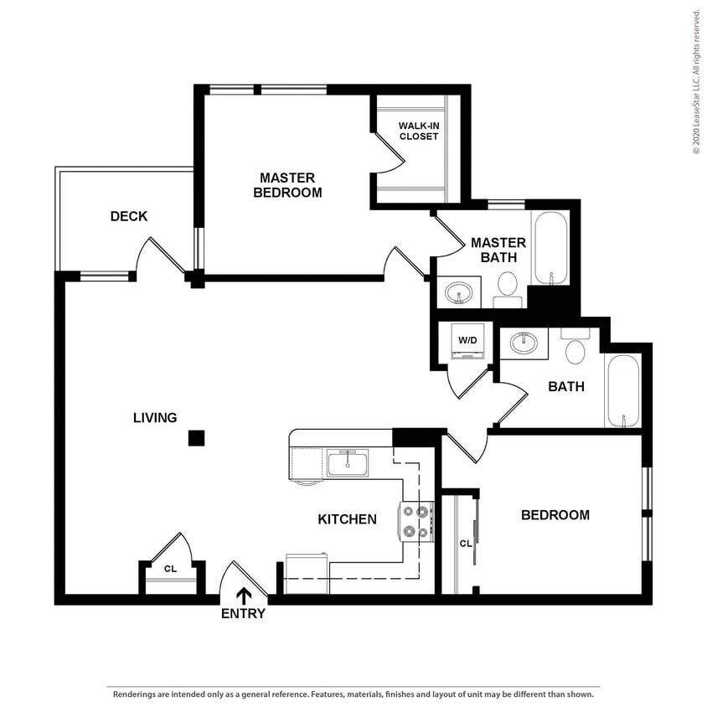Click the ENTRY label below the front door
(243, 613)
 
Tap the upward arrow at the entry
(244, 595)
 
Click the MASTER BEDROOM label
(287, 185)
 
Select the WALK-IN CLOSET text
(418, 131)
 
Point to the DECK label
(129, 216)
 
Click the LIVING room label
(155, 417)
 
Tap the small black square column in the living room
(196, 437)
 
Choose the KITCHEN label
(347, 519)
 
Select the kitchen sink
(347, 462)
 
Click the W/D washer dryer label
(467, 341)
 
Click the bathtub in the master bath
(551, 249)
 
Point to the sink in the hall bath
(524, 343)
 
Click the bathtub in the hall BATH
(623, 391)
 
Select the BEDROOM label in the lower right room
(555, 515)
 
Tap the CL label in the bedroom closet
(465, 543)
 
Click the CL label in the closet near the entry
(170, 569)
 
